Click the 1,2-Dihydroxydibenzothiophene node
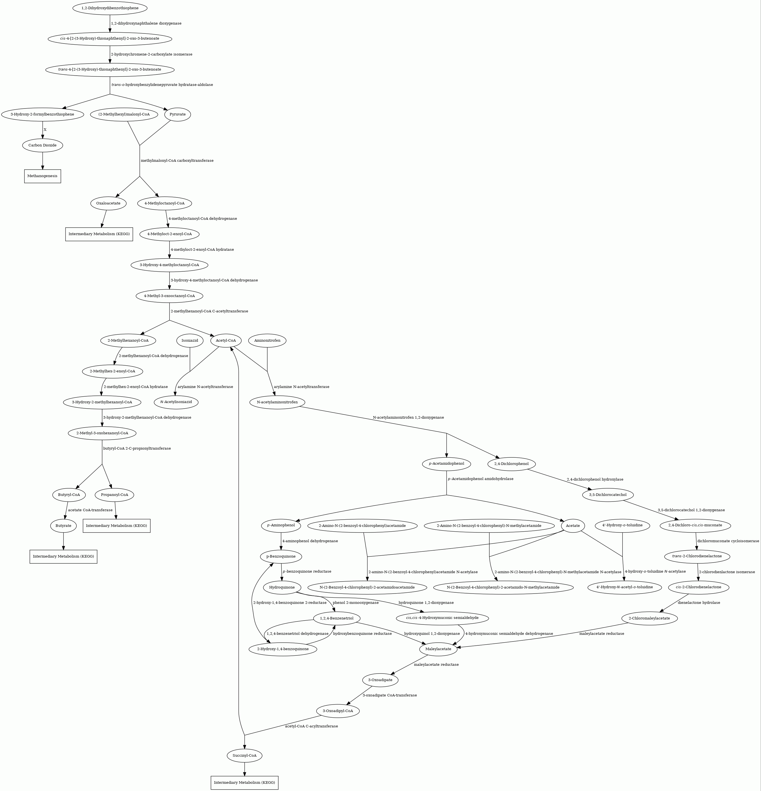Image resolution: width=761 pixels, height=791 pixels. [x=110, y=8]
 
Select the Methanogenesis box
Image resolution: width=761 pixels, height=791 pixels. [x=42, y=176]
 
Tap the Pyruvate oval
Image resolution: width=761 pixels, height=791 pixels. [x=178, y=114]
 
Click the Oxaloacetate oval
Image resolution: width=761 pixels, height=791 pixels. [x=108, y=203]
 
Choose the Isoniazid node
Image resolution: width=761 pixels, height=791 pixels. [x=190, y=341]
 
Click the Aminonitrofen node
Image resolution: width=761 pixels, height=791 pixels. [x=267, y=341]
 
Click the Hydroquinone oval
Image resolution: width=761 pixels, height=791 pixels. [x=282, y=587]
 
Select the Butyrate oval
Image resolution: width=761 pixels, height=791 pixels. [x=63, y=526]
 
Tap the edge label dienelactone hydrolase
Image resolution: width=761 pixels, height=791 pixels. [x=699, y=602]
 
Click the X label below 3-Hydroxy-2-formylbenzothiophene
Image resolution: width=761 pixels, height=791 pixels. [x=45, y=129]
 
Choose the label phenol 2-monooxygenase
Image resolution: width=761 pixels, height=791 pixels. [x=356, y=602]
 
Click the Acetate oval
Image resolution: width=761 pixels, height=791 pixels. [x=573, y=525]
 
